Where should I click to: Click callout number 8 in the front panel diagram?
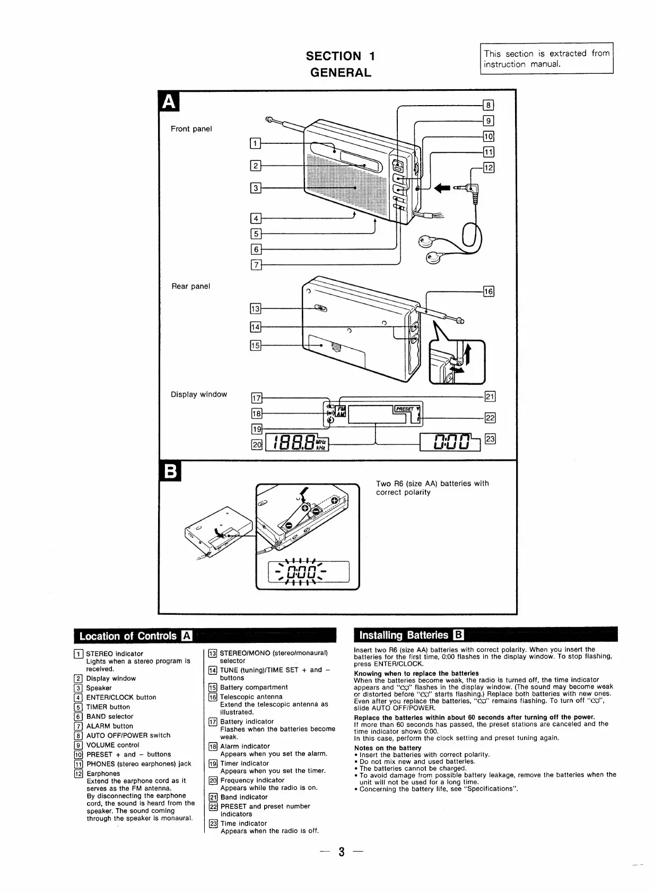489,105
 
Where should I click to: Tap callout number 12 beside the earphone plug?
489,168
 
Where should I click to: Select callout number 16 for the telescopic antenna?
489,291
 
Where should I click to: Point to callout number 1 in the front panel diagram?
255,143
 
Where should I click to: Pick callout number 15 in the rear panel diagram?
255,346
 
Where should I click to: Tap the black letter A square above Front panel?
169,101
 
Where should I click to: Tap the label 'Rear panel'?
190,286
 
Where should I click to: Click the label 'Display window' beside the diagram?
198,394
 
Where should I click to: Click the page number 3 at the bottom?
342,853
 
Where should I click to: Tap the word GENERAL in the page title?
341,73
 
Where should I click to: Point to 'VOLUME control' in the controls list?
112,745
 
